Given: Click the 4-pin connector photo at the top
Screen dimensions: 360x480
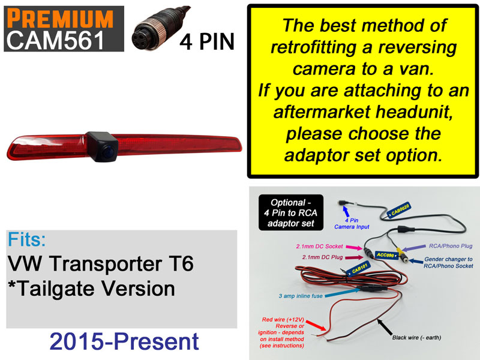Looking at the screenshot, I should pos(155,29).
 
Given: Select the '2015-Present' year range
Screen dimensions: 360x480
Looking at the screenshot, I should pos(124,341).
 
